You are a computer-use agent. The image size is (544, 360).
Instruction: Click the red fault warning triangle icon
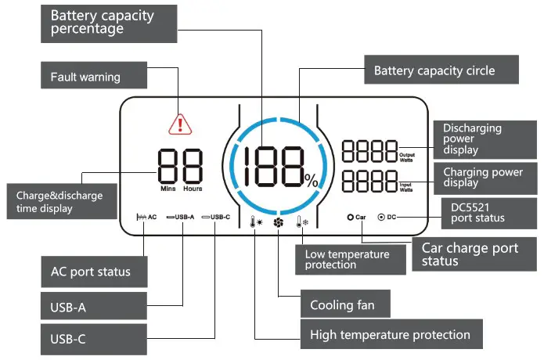[180, 124]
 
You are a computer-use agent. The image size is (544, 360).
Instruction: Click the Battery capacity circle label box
[441, 70]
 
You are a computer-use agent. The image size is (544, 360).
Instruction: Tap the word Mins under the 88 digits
[167, 189]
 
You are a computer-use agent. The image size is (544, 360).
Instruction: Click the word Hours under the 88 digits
[193, 189]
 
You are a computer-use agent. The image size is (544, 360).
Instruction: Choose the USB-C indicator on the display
[215, 217]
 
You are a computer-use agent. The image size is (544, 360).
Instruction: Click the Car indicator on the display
[356, 217]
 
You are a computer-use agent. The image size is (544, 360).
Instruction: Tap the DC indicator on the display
[387, 217]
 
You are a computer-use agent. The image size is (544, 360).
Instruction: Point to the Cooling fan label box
[341, 304]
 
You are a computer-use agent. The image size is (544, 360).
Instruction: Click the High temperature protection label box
[391, 335]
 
